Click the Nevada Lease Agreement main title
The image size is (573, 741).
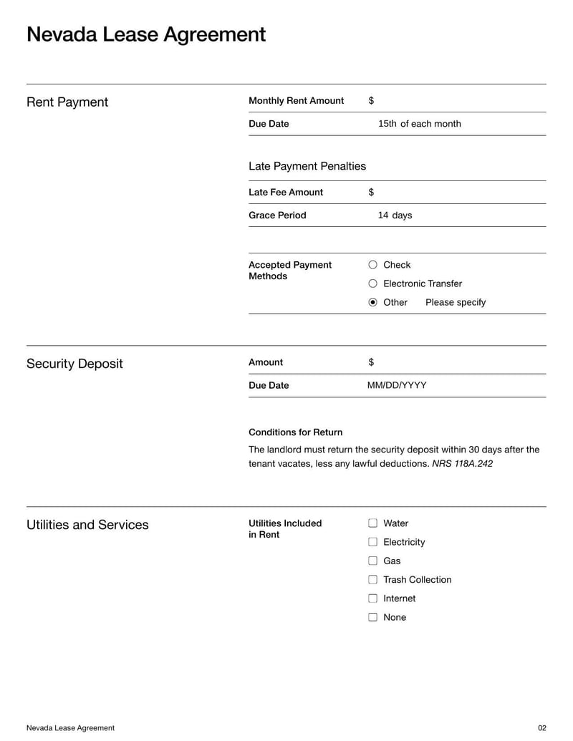145,34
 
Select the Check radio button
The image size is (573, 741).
372,265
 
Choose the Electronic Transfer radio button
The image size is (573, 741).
372,284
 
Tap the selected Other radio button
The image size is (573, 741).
372,302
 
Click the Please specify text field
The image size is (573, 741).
456,302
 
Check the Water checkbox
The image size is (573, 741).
372,523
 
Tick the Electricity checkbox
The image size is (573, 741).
372,542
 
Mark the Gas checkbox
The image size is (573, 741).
372,561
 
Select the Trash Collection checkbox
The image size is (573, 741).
372,580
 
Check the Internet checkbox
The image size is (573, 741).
372,599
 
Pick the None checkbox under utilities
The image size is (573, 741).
372,617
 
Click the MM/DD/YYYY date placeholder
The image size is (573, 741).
397,385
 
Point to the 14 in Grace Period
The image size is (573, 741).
383,215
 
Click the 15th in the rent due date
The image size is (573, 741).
387,124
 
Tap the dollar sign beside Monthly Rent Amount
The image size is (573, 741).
371,101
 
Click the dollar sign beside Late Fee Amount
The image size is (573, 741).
371,193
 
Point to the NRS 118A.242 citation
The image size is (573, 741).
462,464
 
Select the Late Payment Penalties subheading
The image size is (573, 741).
307,166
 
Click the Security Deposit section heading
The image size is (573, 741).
74,364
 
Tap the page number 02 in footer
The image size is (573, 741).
541,728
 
